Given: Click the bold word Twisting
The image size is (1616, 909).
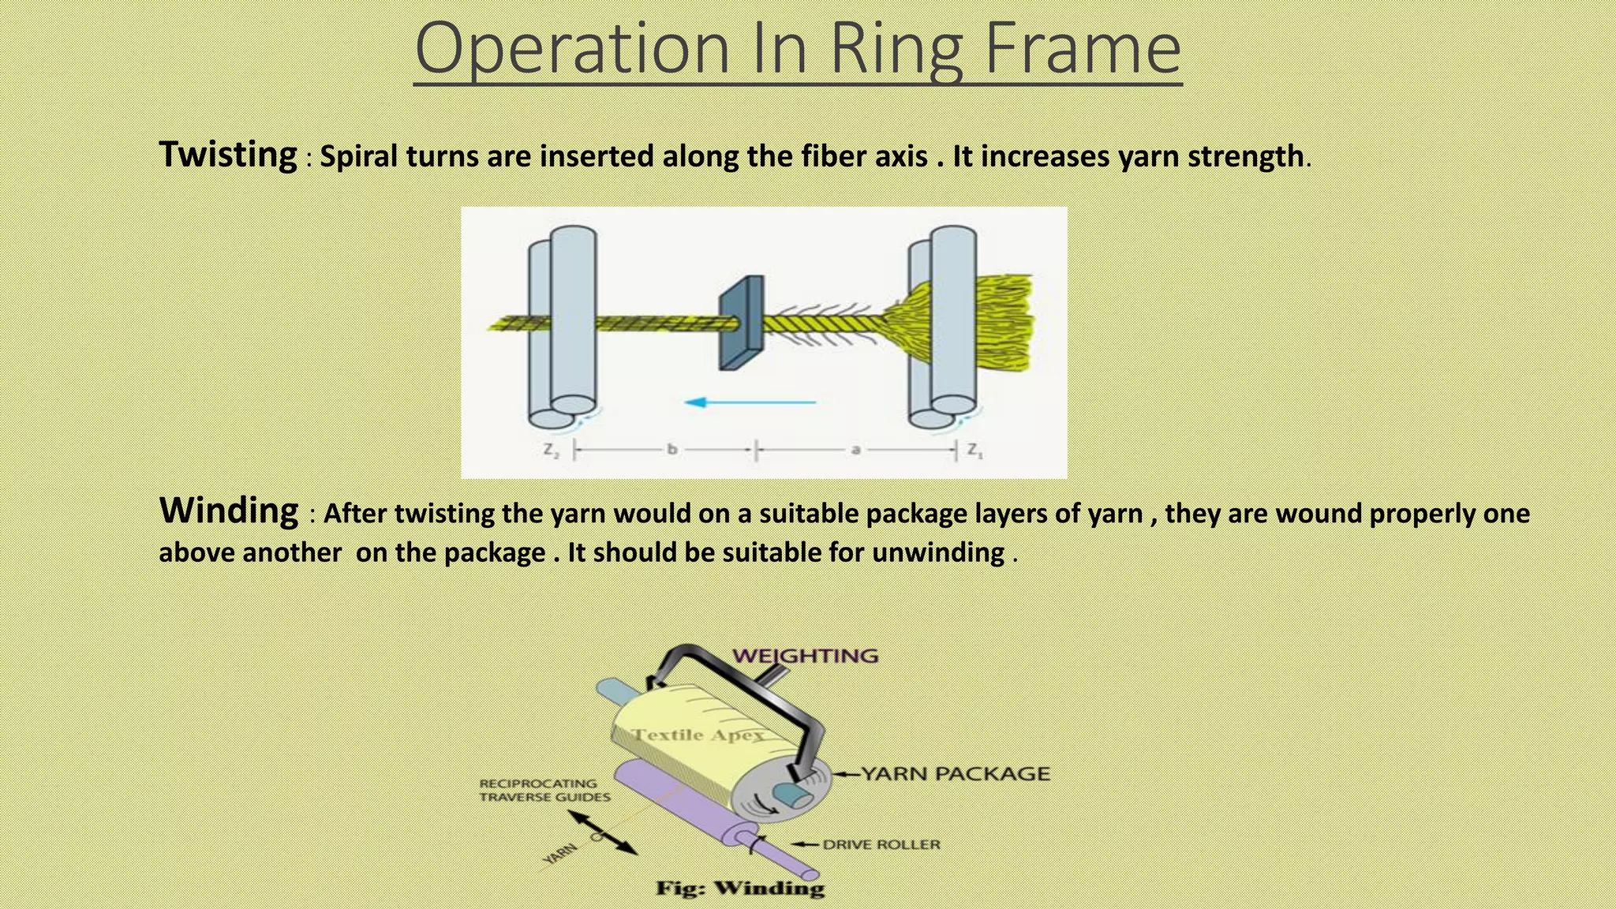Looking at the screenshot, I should (228, 154).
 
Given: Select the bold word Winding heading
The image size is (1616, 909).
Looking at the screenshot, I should (229, 511).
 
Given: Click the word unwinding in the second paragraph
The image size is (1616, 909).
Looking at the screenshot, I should (937, 552).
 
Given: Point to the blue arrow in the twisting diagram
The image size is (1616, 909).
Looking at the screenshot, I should (750, 402).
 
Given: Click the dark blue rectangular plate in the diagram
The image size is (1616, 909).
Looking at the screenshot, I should (741, 323).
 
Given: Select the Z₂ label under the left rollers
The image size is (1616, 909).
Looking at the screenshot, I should (551, 451).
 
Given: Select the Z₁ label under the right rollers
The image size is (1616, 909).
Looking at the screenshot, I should (975, 451).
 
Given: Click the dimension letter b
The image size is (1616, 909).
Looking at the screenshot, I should (672, 450).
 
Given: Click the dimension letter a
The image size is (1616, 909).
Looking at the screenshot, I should (855, 450).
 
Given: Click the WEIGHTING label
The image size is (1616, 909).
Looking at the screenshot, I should (805, 656).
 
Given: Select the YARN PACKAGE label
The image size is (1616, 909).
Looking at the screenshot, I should (955, 774).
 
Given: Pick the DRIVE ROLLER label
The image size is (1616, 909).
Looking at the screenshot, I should (881, 844).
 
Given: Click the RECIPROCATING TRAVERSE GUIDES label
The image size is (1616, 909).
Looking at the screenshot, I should (544, 790).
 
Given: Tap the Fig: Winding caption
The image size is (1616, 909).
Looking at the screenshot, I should (740, 888).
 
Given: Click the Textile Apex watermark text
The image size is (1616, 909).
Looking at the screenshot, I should (698, 735).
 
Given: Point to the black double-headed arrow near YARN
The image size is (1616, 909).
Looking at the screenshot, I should (603, 832).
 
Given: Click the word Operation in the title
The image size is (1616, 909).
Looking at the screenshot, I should (572, 49).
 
